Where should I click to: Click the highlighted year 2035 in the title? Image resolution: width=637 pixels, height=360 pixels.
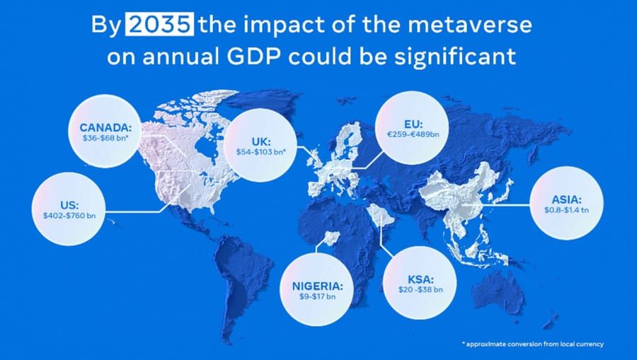pyautogui.click(x=161, y=26)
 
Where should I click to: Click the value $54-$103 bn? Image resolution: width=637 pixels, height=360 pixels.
pyautogui.click(x=260, y=151)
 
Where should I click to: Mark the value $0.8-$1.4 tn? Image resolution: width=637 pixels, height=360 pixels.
pyautogui.click(x=566, y=211)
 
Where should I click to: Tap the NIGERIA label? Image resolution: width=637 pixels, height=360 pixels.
pyautogui.click(x=317, y=286)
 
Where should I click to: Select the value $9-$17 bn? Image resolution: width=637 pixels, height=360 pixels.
pyautogui.click(x=317, y=298)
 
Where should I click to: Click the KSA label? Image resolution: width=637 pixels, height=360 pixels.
pyautogui.click(x=419, y=278)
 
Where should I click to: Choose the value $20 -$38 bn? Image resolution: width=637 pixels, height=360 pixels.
pyautogui.click(x=419, y=290)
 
